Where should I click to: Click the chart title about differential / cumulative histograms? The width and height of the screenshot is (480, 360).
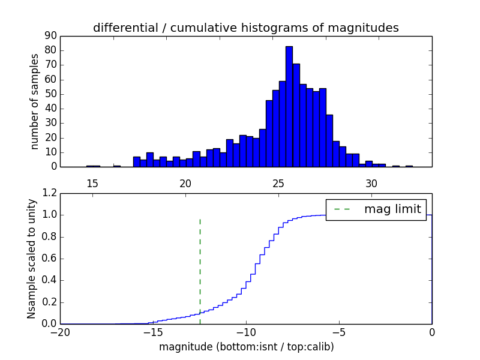pos(246,28)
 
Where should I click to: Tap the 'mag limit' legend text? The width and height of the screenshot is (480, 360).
pos(394,209)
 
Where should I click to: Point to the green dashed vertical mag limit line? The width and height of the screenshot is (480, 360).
pos(200,270)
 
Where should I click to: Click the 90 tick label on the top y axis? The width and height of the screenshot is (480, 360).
pos(50,36)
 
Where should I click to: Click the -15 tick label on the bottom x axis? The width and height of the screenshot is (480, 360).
pos(152,332)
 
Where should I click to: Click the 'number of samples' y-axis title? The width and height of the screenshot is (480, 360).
pos(35,101)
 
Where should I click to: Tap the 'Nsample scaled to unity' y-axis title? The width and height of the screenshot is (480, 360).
pos(31,259)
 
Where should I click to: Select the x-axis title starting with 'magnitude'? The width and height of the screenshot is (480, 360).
pos(246,347)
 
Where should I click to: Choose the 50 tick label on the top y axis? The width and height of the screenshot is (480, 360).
pos(50,94)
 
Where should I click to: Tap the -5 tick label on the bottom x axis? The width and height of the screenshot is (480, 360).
pos(338,332)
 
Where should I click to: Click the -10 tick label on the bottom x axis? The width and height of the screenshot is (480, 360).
pos(245,332)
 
